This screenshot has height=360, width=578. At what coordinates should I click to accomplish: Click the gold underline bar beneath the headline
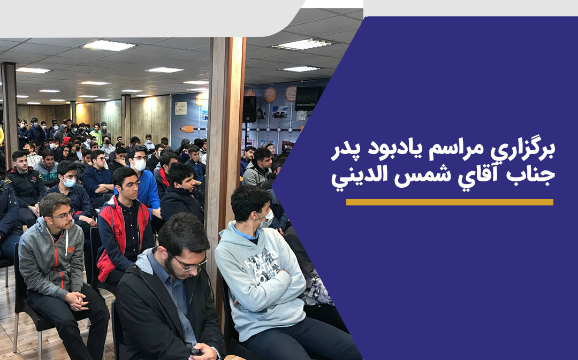pos(450,202)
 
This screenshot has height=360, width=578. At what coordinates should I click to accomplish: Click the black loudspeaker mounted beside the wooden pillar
pos(249,109)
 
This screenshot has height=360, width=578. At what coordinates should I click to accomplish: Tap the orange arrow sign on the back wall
pos(187,128)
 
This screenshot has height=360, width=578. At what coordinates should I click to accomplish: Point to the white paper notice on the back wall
pos(181,109)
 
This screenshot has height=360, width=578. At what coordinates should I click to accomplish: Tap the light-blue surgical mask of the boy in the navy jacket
pos(69,182)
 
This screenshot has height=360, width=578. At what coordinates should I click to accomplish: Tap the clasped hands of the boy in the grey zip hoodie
pos(77,301)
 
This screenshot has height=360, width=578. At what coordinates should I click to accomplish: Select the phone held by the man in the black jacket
pos(196,351)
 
